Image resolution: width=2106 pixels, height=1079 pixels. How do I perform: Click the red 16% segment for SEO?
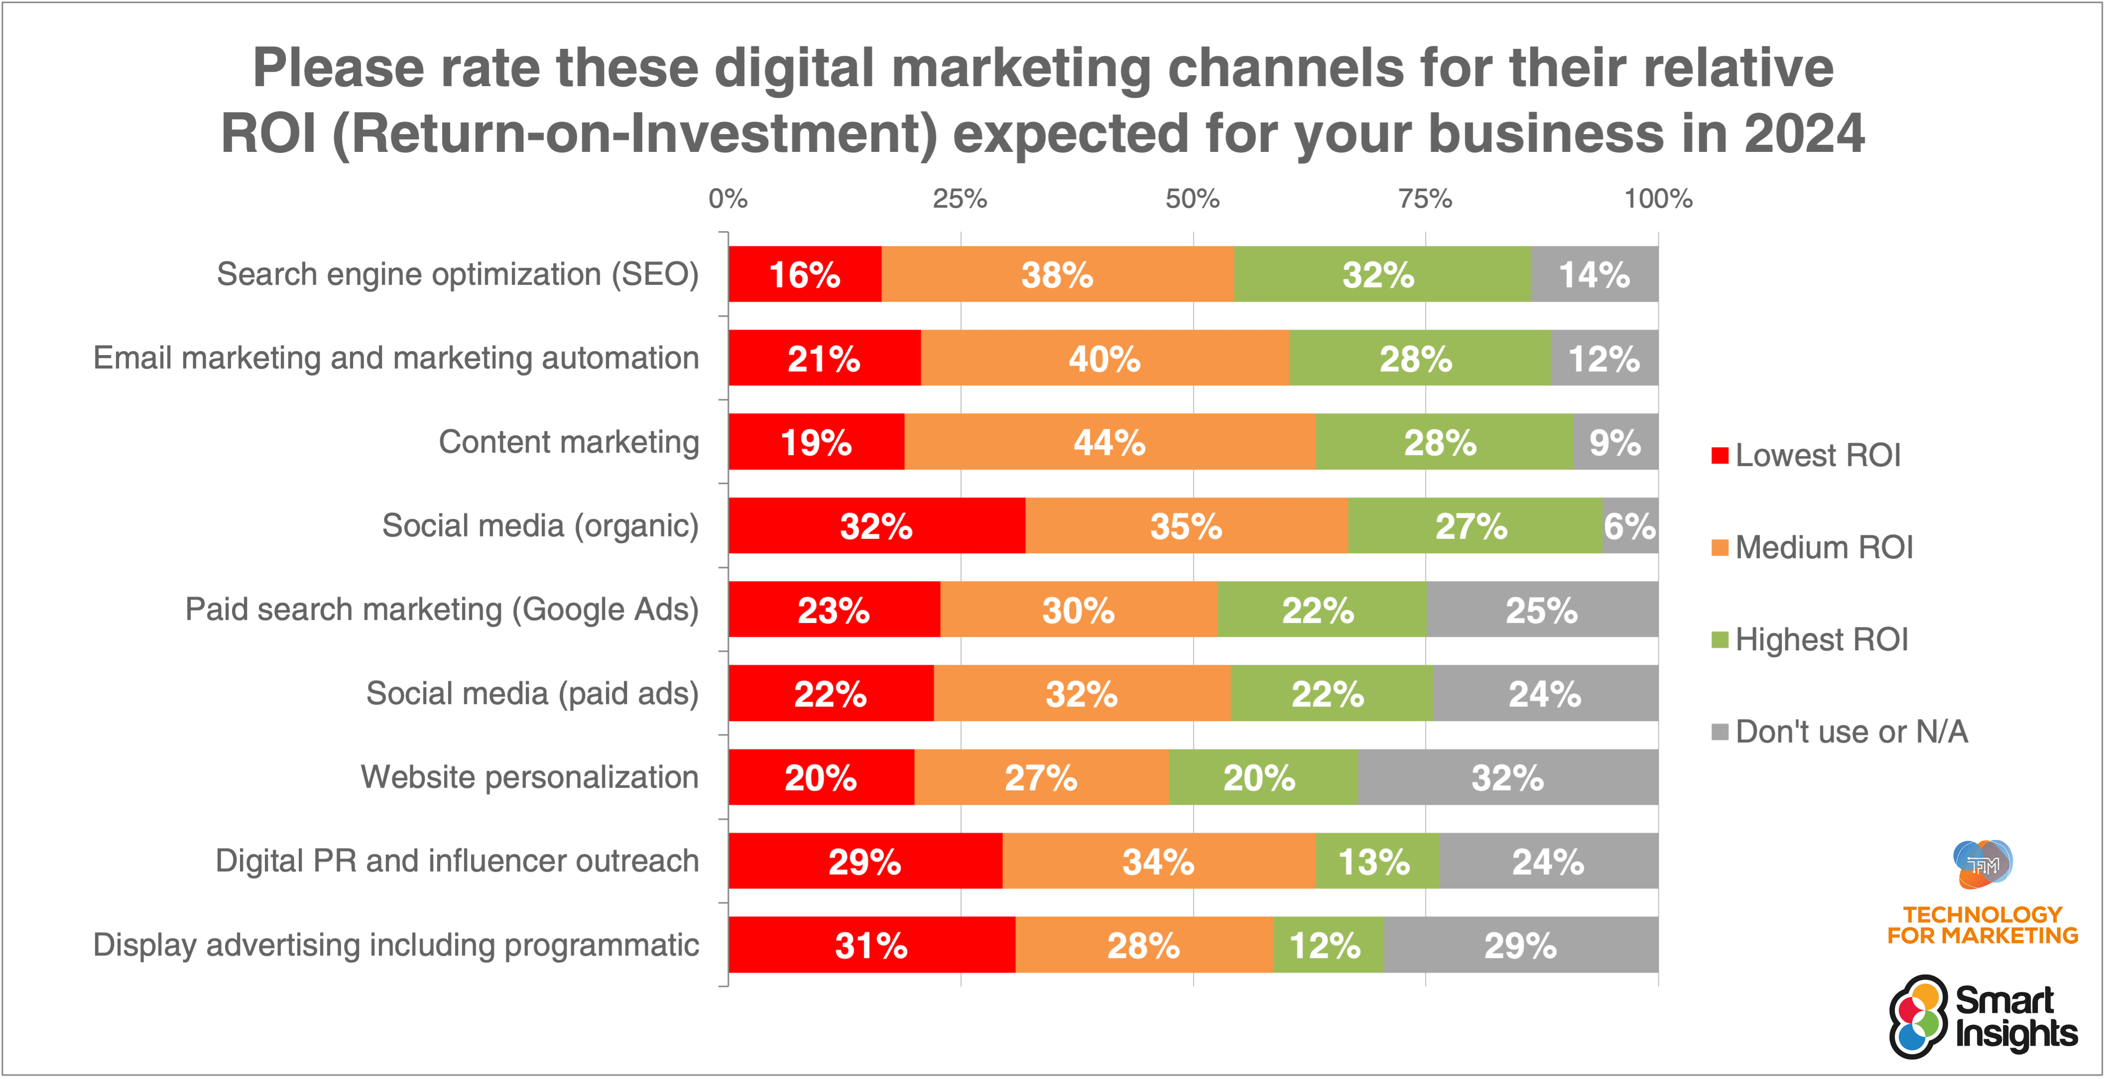[x=805, y=275]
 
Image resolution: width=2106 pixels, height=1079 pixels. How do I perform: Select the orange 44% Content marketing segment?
[x=1109, y=442]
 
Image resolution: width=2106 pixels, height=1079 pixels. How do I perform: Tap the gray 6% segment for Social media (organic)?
[x=1630, y=526]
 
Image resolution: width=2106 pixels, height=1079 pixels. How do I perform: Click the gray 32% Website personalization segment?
[x=1508, y=777]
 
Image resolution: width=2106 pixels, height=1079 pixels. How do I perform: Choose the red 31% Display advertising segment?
[x=871, y=945]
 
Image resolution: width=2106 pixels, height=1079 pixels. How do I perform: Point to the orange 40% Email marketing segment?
[x=1104, y=358]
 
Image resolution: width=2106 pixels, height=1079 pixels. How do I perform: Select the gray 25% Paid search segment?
[x=1542, y=610]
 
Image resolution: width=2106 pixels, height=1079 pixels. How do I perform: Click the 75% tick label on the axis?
[x=1425, y=199]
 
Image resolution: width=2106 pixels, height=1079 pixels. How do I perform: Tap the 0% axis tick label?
[x=727, y=199]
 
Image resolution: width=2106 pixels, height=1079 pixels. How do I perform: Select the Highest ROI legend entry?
[x=1822, y=639]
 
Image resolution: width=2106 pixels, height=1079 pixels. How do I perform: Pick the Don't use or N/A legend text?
[x=1851, y=731]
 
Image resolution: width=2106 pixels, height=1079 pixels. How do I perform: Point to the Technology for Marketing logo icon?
[x=1983, y=864]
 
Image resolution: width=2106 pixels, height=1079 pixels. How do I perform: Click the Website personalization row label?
[x=530, y=777]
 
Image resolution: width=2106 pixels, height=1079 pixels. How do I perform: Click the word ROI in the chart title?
[x=268, y=133]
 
